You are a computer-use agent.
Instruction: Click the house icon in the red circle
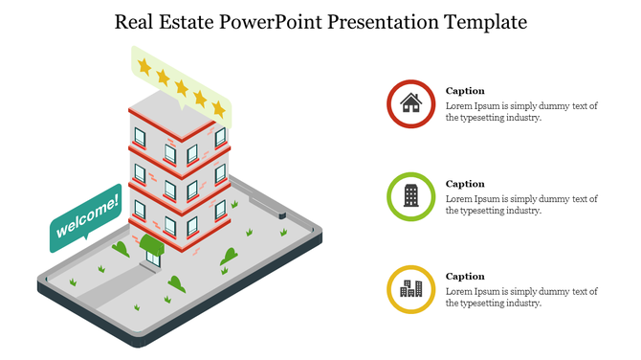(x=411, y=103)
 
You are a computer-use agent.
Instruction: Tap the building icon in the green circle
(x=411, y=196)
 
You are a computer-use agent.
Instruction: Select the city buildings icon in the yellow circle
(x=411, y=288)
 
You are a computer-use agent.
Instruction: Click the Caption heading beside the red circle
(x=465, y=91)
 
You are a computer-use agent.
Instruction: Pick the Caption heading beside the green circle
(x=465, y=184)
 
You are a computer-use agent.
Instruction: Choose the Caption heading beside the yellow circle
(x=465, y=277)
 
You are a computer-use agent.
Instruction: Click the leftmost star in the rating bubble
(x=144, y=65)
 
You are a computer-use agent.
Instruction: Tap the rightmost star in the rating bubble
(x=219, y=109)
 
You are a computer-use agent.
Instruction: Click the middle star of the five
(x=182, y=87)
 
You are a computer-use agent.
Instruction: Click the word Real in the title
(x=137, y=22)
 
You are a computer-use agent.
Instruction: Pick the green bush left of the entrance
(x=121, y=249)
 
